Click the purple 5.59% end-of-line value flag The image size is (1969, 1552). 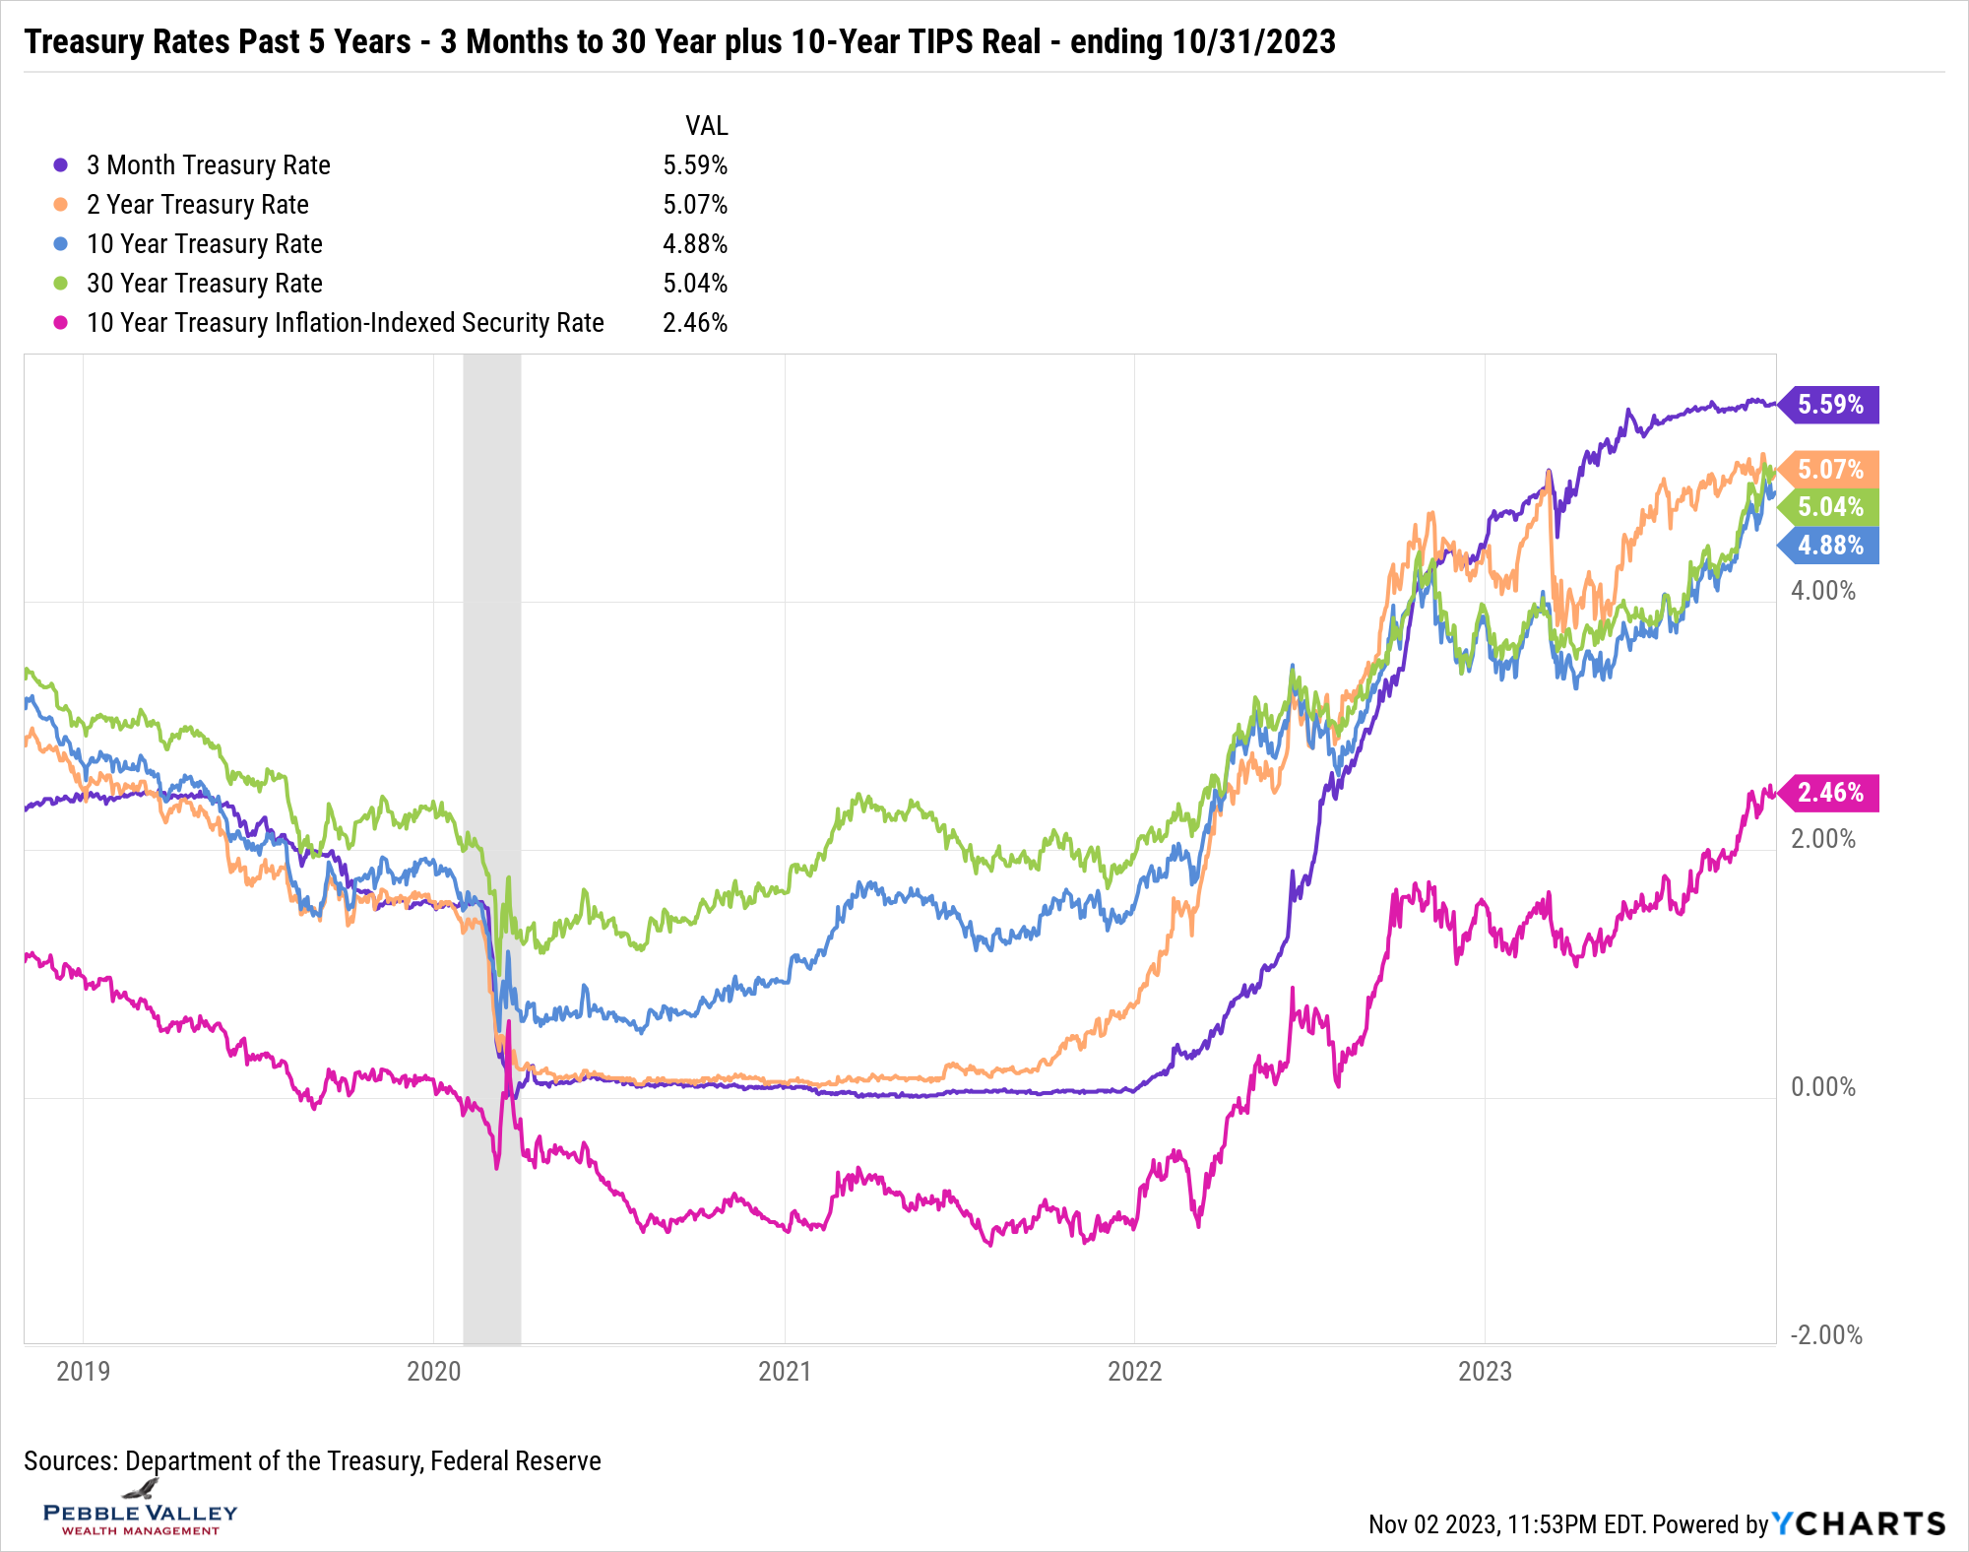tap(1830, 405)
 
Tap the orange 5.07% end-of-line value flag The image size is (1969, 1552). tap(1830, 469)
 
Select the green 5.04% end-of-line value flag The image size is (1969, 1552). tap(1830, 507)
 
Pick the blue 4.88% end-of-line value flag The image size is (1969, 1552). tap(1830, 546)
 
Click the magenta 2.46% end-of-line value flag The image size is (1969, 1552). tap(1830, 793)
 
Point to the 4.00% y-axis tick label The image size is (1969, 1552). tap(1822, 591)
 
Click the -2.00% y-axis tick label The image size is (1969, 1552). tap(1826, 1335)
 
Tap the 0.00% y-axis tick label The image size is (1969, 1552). tap(1822, 1087)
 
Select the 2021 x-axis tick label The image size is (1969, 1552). tap(785, 1371)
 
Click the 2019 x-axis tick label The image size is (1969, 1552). tap(84, 1371)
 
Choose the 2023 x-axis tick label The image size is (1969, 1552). tap(1485, 1371)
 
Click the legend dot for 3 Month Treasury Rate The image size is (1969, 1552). tap(61, 165)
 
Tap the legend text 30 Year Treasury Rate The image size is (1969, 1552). tap(205, 284)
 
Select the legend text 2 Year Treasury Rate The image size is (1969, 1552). tap(198, 205)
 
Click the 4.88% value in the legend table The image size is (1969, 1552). tap(695, 244)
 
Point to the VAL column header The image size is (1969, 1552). tap(706, 126)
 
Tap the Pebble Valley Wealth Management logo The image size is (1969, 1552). tap(141, 1513)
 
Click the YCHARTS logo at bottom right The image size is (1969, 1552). tap(1859, 1524)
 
